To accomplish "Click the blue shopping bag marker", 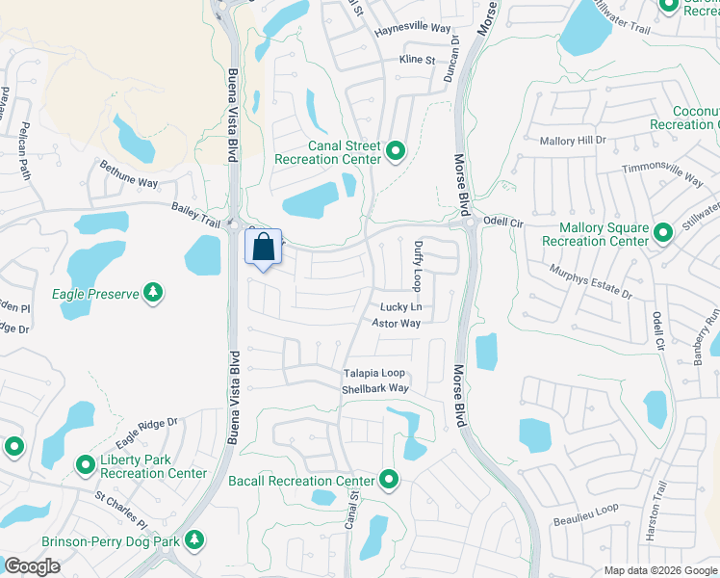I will coord(264,248).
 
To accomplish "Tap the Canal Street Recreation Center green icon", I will coord(395,151).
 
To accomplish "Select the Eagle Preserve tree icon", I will coord(152,292).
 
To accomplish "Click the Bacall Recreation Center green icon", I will coord(389,479).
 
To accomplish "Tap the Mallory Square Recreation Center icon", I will coord(662,233).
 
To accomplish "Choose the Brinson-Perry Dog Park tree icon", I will coord(195,540).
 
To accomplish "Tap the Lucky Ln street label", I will coord(400,307).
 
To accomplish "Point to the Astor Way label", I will coord(397,324).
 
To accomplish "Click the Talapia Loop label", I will coord(375,374).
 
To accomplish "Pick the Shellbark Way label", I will coord(375,389).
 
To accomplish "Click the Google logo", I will coord(32,566).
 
